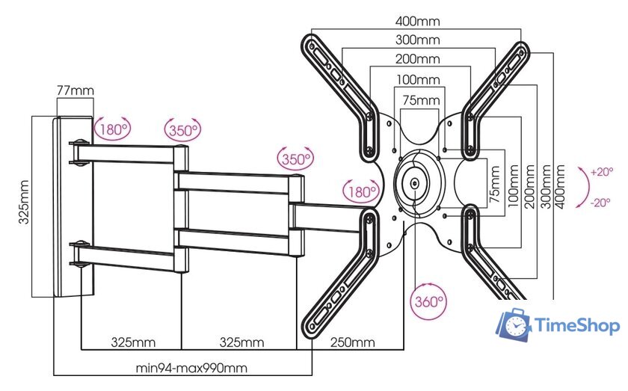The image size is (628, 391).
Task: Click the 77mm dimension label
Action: coord(75,91)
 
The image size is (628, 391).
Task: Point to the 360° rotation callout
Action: coord(428,303)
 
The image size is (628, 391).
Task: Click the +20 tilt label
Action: coord(601,172)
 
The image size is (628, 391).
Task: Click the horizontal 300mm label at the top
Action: coord(418,40)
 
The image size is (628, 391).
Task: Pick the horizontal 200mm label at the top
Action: coord(418,59)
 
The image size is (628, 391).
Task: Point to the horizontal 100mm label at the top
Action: coord(418,79)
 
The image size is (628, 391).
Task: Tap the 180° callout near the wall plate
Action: coord(112,129)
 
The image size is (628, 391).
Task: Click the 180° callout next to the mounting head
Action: coord(360,191)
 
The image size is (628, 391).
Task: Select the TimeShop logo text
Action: coord(578,326)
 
